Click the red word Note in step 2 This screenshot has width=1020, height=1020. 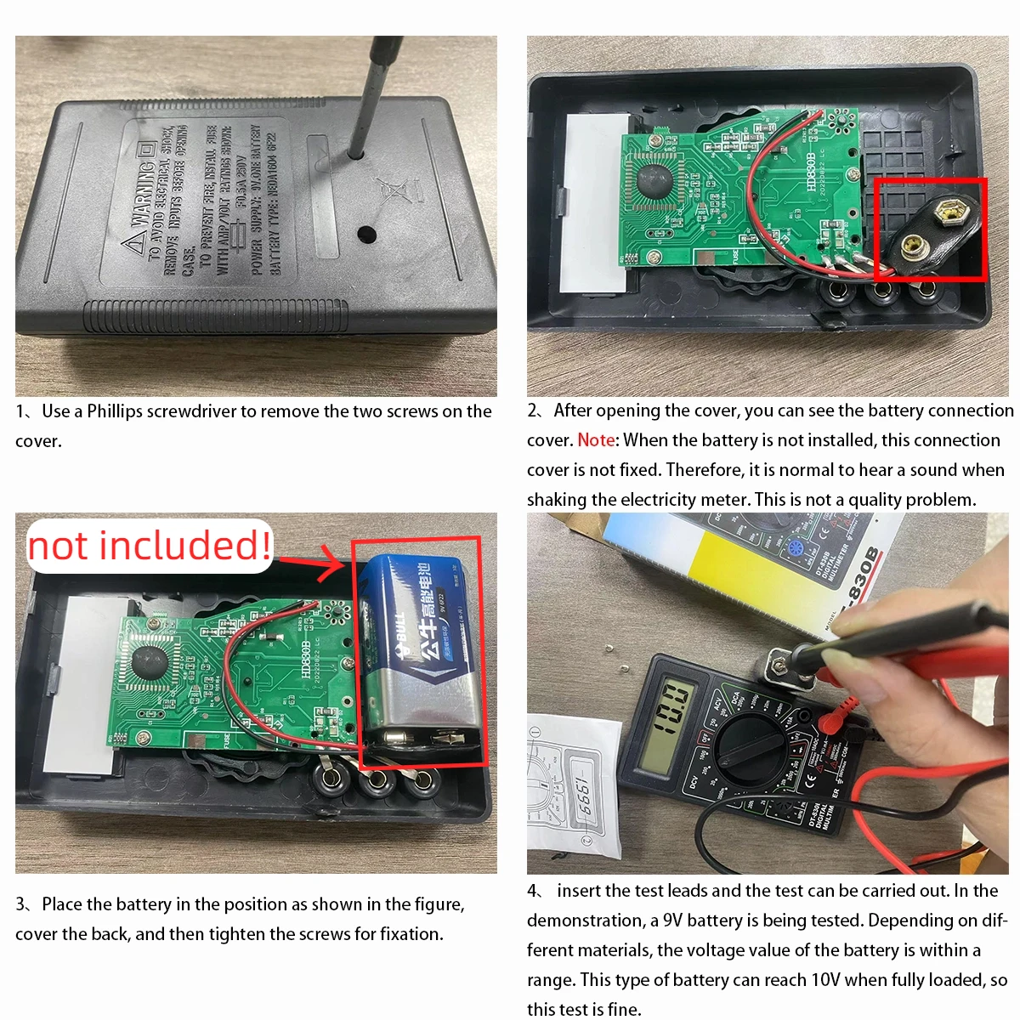pos(596,440)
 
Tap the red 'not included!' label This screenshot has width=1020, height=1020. pos(150,546)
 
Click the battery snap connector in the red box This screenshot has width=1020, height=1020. pos(928,229)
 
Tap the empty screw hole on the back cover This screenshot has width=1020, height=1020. pos(366,233)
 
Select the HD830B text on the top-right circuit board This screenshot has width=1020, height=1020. pos(810,172)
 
